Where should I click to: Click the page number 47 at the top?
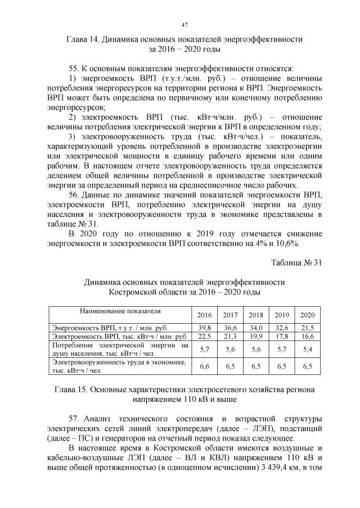point(184,24)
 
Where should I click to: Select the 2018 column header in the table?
point(256,315)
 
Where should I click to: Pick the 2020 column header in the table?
point(308,315)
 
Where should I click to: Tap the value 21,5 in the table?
point(308,328)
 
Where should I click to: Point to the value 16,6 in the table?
point(308,336)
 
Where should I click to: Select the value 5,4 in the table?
point(308,349)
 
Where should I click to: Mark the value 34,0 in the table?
point(256,328)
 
